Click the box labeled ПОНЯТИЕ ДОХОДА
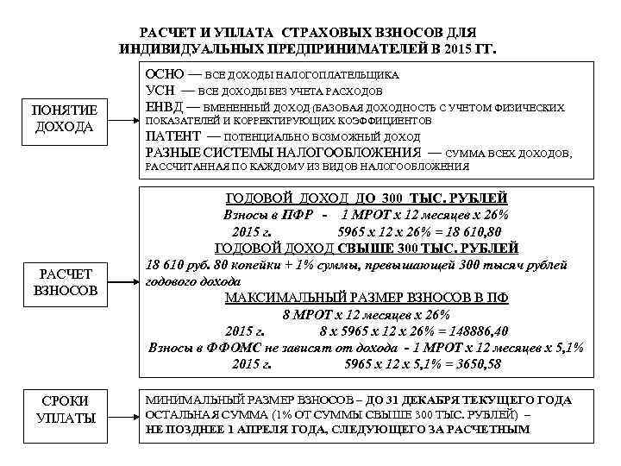click(66, 119)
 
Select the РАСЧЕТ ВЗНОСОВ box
click(66, 282)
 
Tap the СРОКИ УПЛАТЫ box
click(66, 409)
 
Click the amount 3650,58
click(473, 364)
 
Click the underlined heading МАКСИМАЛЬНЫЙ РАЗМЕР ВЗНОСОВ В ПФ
click(366, 298)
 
